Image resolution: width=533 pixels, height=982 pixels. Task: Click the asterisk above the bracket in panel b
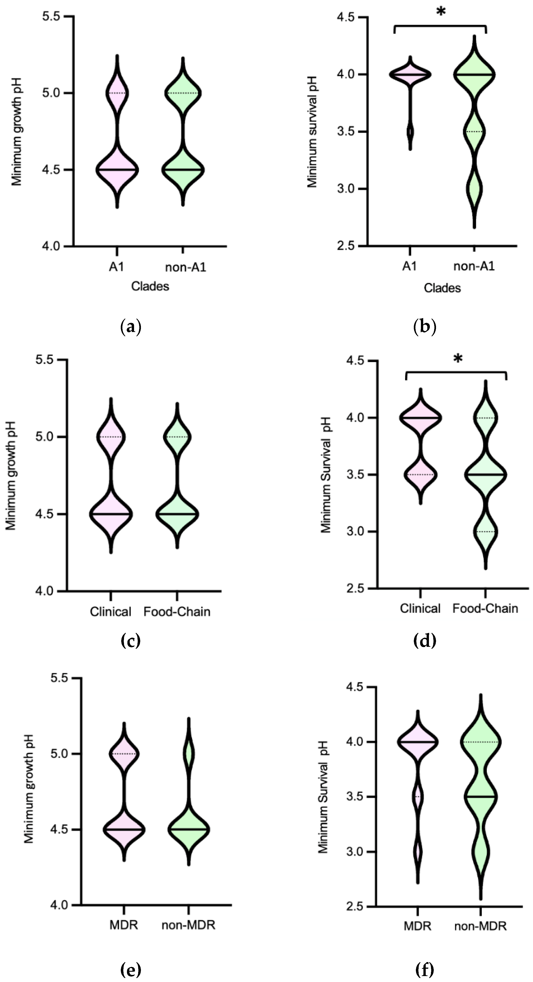click(x=441, y=12)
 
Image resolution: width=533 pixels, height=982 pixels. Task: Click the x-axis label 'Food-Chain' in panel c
click(x=177, y=612)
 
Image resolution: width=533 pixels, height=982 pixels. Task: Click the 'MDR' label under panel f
click(x=417, y=927)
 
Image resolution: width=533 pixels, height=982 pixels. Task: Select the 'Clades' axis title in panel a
click(x=150, y=286)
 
